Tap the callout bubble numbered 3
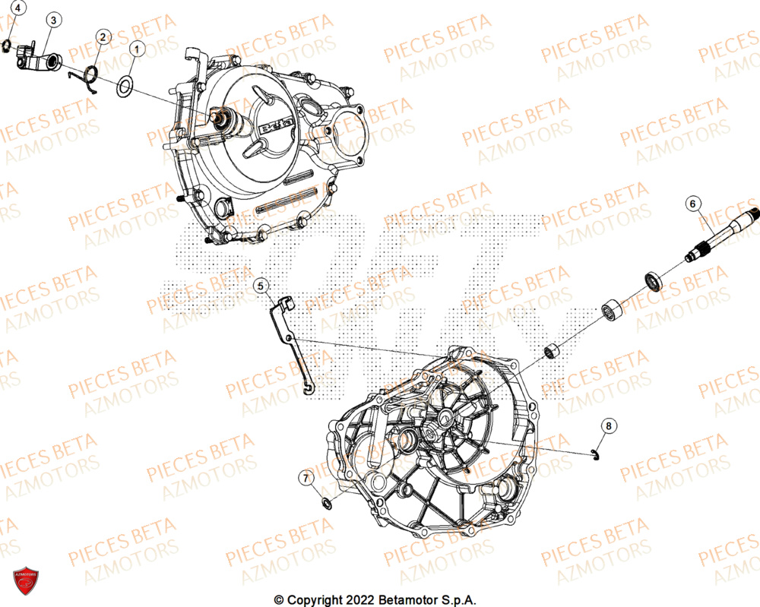[52, 21]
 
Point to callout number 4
[19, 9]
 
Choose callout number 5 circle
[261, 286]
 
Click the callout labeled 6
[692, 203]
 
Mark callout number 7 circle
[306, 478]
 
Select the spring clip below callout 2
[88, 77]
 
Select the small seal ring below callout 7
[327, 503]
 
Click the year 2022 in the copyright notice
[337, 600]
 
